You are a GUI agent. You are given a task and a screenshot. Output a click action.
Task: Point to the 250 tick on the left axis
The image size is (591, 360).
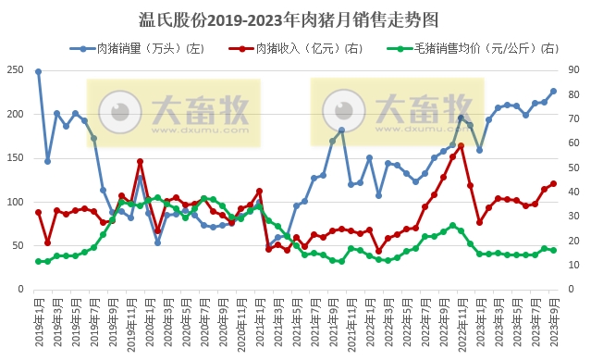(x=17, y=70)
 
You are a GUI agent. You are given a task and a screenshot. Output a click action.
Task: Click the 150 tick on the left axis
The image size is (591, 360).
(x=17, y=158)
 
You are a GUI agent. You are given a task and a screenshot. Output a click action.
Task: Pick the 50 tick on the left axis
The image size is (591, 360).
(x=18, y=245)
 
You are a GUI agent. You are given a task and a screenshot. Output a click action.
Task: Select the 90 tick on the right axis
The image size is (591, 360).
(x=574, y=70)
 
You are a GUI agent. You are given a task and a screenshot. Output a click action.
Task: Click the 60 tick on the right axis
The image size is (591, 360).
(x=574, y=143)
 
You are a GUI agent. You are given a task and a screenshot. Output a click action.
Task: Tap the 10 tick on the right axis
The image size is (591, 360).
(x=574, y=265)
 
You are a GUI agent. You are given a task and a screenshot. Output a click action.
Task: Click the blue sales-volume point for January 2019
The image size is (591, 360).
(x=39, y=71)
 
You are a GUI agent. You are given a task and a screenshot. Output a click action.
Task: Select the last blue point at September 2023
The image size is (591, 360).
(x=553, y=91)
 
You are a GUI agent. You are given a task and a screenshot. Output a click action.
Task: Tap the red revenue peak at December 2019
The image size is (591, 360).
(x=140, y=162)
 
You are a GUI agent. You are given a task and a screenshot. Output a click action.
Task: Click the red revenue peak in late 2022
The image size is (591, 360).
(x=461, y=145)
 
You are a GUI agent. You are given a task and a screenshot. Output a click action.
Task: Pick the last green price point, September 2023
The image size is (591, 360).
(x=553, y=250)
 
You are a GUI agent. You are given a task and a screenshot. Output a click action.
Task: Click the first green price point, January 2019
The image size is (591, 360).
(x=39, y=261)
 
